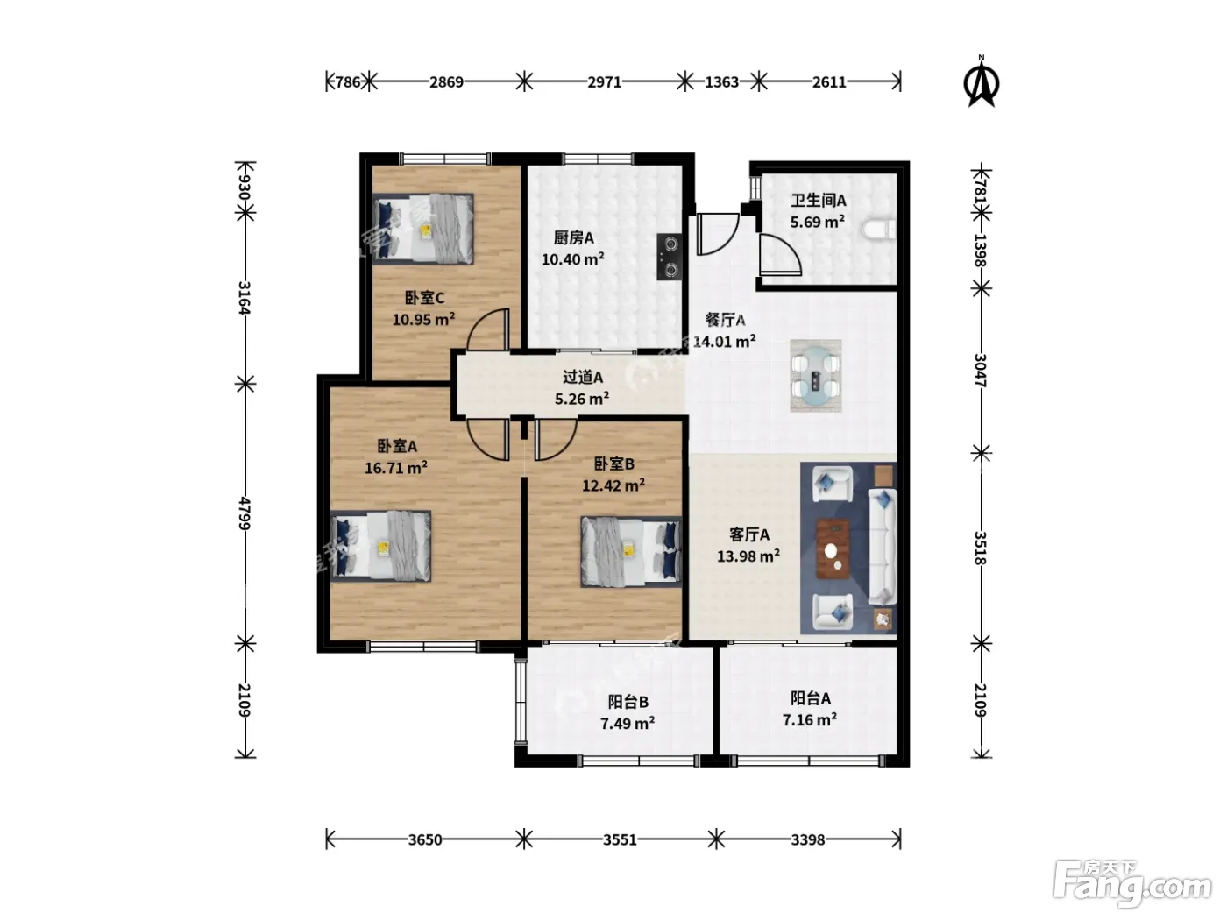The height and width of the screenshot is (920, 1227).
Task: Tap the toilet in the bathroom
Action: [879, 230]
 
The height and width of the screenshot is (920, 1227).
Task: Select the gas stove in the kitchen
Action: [669, 257]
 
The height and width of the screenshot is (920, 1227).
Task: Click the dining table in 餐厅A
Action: [816, 376]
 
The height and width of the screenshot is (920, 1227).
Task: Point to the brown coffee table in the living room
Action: [833, 549]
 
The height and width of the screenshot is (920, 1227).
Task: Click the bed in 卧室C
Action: [423, 228]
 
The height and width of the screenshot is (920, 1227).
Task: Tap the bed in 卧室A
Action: [380, 546]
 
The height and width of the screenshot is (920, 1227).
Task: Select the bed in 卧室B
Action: [631, 551]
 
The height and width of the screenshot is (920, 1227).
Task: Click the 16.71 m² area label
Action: [396, 468]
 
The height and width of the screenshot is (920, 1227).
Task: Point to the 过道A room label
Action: [583, 378]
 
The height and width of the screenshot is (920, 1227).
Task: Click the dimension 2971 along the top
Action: [604, 82]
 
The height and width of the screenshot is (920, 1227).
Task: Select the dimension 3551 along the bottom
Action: [620, 839]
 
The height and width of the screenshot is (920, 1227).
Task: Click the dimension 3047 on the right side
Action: [981, 371]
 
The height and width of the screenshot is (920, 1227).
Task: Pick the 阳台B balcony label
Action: [628, 702]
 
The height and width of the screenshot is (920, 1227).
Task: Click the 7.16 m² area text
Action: [810, 719]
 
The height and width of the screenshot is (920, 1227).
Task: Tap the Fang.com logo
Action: [1132, 884]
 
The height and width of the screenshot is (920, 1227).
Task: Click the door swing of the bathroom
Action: [780, 255]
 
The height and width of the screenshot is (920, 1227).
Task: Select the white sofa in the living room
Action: [882, 546]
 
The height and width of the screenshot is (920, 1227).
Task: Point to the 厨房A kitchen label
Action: [573, 238]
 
